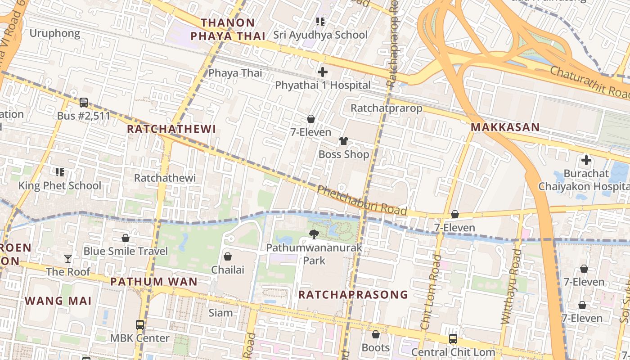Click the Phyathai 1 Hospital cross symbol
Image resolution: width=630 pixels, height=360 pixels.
[x=322, y=72]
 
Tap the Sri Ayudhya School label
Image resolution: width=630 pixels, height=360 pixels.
[x=320, y=35]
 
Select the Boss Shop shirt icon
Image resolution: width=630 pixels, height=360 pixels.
[x=344, y=141]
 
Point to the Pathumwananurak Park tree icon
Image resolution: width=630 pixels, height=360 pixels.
[x=314, y=234]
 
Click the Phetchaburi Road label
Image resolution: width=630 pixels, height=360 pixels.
[x=362, y=201]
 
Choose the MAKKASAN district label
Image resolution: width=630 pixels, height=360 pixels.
[x=505, y=127]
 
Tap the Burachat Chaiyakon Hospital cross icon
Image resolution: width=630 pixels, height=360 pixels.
[x=586, y=160]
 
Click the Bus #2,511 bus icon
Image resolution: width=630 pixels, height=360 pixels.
[x=84, y=103]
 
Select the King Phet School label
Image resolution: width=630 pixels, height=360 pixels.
[x=59, y=185]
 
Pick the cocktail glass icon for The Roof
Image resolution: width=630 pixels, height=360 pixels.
[x=67, y=258]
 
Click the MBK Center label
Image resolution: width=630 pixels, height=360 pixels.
[x=140, y=338]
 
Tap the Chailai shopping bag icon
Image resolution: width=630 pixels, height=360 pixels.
[x=228, y=256]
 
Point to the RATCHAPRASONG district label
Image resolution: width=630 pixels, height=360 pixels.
[x=353, y=295]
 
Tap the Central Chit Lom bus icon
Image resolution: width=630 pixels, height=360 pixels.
[x=453, y=339]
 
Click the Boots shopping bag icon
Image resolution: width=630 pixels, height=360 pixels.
[x=376, y=334]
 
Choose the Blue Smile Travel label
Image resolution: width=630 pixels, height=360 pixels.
[x=126, y=251]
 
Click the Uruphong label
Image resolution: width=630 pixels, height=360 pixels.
[x=55, y=33]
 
